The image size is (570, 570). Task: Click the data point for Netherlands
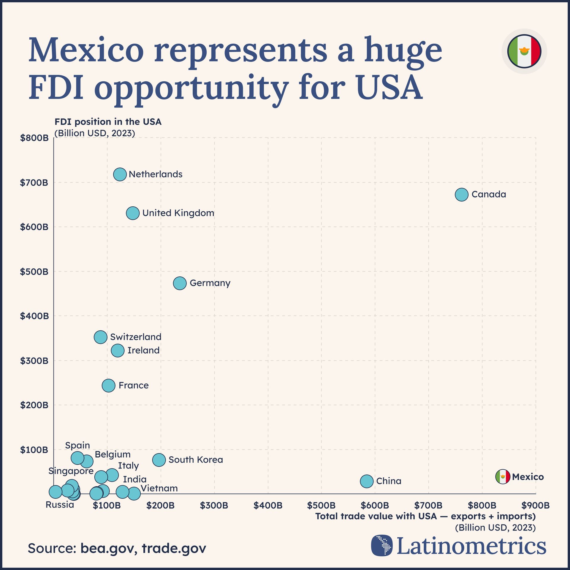click(120, 174)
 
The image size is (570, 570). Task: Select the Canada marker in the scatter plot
click(461, 195)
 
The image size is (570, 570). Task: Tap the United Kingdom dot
click(133, 213)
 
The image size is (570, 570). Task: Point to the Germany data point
click(180, 283)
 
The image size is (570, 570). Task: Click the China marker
click(367, 481)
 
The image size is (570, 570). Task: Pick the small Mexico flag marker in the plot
click(503, 477)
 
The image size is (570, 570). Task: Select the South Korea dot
click(159, 460)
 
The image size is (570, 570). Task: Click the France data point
click(108, 386)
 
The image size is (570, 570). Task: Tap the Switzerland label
click(136, 337)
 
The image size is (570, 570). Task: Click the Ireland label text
click(143, 350)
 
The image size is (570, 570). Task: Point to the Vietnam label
click(159, 488)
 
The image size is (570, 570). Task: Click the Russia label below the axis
click(60, 505)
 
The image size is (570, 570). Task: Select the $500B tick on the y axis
click(34, 272)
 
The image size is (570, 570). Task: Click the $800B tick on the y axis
click(34, 138)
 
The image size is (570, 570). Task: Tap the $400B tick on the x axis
click(268, 505)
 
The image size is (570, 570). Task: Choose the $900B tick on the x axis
click(535, 505)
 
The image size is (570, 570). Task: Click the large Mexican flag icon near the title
click(524, 51)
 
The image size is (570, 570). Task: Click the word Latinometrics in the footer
click(471, 546)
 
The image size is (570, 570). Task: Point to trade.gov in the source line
click(174, 548)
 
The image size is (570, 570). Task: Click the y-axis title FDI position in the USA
click(108, 122)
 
